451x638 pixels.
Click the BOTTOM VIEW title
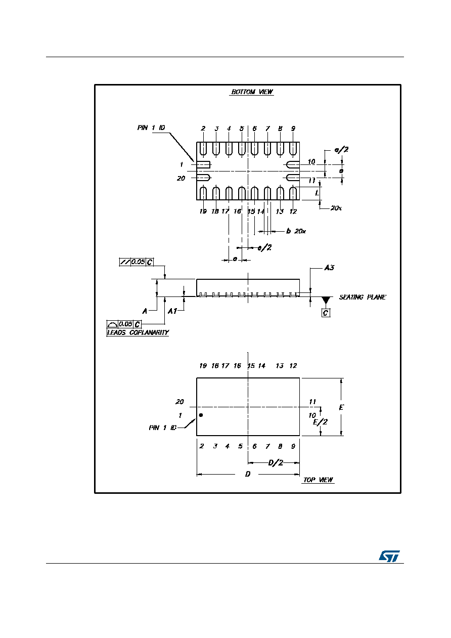point(252,92)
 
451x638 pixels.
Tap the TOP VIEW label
point(318,480)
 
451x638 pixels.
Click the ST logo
point(389,556)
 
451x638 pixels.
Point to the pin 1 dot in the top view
point(201,415)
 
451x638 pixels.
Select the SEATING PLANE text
point(363,297)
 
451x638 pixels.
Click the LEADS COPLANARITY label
point(138,332)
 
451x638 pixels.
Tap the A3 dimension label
point(329,268)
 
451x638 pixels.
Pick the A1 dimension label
point(172,311)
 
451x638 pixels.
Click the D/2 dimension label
point(276,462)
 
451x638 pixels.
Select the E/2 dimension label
point(320,422)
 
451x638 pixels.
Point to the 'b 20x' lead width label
point(296,231)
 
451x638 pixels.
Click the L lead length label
point(317,193)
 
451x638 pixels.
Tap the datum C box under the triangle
point(326,313)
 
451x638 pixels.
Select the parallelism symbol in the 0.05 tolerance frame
point(124,262)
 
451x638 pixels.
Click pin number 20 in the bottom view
point(181,178)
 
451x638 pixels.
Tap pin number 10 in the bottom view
point(311,161)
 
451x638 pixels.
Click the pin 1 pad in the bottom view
point(203,164)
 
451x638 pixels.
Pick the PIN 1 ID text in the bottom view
point(151,127)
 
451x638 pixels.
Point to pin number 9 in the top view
point(293,446)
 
